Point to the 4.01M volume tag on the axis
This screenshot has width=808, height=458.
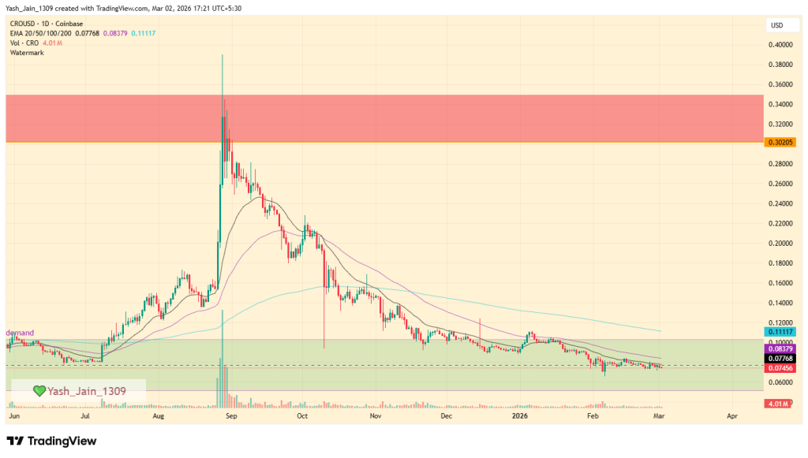coord(777,404)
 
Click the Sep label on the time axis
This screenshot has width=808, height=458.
coord(230,414)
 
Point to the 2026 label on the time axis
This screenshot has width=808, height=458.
coord(518,414)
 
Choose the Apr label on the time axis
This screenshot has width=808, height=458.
coord(732,414)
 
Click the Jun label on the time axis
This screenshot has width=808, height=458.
coord(13,414)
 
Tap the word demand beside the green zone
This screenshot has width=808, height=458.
coord(21,333)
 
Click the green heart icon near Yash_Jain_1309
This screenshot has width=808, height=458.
coord(38,390)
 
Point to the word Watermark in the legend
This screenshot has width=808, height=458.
coord(28,52)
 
